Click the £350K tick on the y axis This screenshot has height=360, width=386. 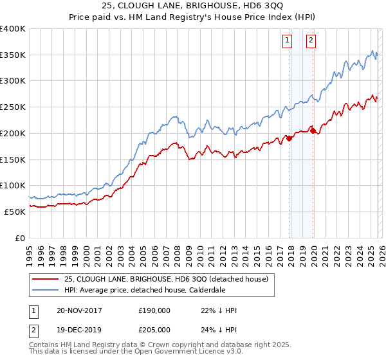tap(13, 55)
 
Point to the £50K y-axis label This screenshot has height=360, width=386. tap(15, 212)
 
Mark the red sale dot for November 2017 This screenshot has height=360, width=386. tap(289, 138)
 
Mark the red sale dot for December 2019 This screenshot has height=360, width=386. tap(313, 130)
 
